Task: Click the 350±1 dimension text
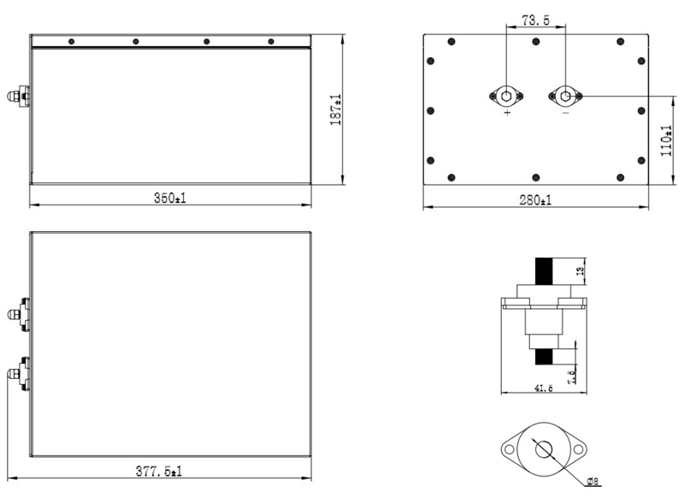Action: [170, 199]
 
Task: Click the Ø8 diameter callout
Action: [593, 482]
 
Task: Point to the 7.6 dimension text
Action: [572, 373]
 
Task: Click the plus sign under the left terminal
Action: [507, 113]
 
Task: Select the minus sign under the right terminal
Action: [565, 113]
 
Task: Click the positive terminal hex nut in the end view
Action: [507, 96]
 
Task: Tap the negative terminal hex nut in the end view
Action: [565, 95]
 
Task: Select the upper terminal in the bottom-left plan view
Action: [20, 314]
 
